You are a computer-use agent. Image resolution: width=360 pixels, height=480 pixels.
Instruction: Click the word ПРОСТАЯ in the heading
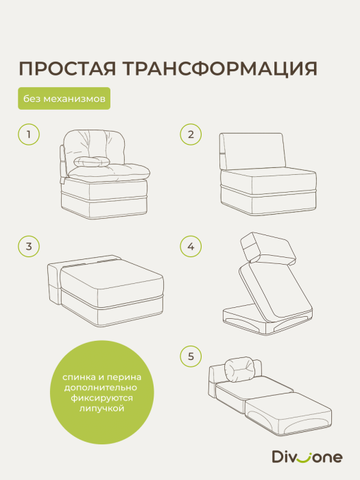click(66, 70)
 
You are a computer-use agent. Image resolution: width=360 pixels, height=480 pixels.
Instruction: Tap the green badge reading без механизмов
click(64, 99)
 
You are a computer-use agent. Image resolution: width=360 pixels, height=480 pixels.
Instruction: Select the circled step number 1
click(29, 134)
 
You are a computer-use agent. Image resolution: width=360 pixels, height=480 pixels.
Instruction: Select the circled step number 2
click(190, 134)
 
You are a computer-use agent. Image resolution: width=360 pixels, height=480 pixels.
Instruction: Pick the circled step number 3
click(29, 245)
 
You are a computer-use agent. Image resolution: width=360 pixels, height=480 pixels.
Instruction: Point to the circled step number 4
click(190, 245)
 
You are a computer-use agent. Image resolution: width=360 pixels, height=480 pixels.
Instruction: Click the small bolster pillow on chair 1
click(90, 161)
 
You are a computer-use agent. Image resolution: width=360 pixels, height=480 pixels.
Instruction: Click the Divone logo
click(316, 454)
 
